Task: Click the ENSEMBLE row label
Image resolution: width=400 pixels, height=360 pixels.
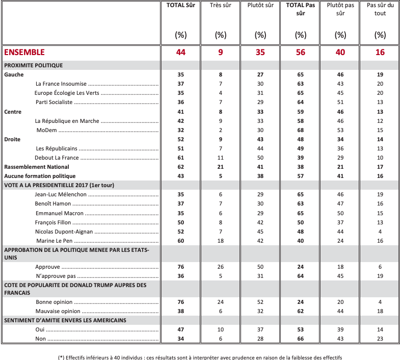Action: [x=24, y=52]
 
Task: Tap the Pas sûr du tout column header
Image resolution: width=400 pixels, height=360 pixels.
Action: [x=380, y=10]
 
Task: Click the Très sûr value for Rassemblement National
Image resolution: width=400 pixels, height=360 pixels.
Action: [x=220, y=167]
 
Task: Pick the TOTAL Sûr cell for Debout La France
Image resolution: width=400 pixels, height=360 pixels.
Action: [x=180, y=158]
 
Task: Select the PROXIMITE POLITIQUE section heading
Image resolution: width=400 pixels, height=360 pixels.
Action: [x=34, y=65]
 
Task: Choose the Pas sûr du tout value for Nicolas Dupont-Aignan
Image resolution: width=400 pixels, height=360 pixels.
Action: [x=380, y=231]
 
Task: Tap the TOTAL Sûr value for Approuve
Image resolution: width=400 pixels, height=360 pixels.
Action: [x=180, y=267]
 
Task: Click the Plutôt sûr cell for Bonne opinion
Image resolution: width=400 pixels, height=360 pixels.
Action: [x=260, y=302]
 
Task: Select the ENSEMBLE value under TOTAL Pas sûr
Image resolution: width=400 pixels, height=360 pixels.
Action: [x=300, y=52]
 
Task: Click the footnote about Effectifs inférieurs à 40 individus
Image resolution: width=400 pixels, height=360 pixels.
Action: [x=200, y=356]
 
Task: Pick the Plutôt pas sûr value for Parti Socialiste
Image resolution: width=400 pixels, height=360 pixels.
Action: [x=340, y=102]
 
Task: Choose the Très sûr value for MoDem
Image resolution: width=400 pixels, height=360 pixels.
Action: [x=220, y=130]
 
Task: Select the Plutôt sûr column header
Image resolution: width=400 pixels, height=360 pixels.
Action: [x=260, y=6]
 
